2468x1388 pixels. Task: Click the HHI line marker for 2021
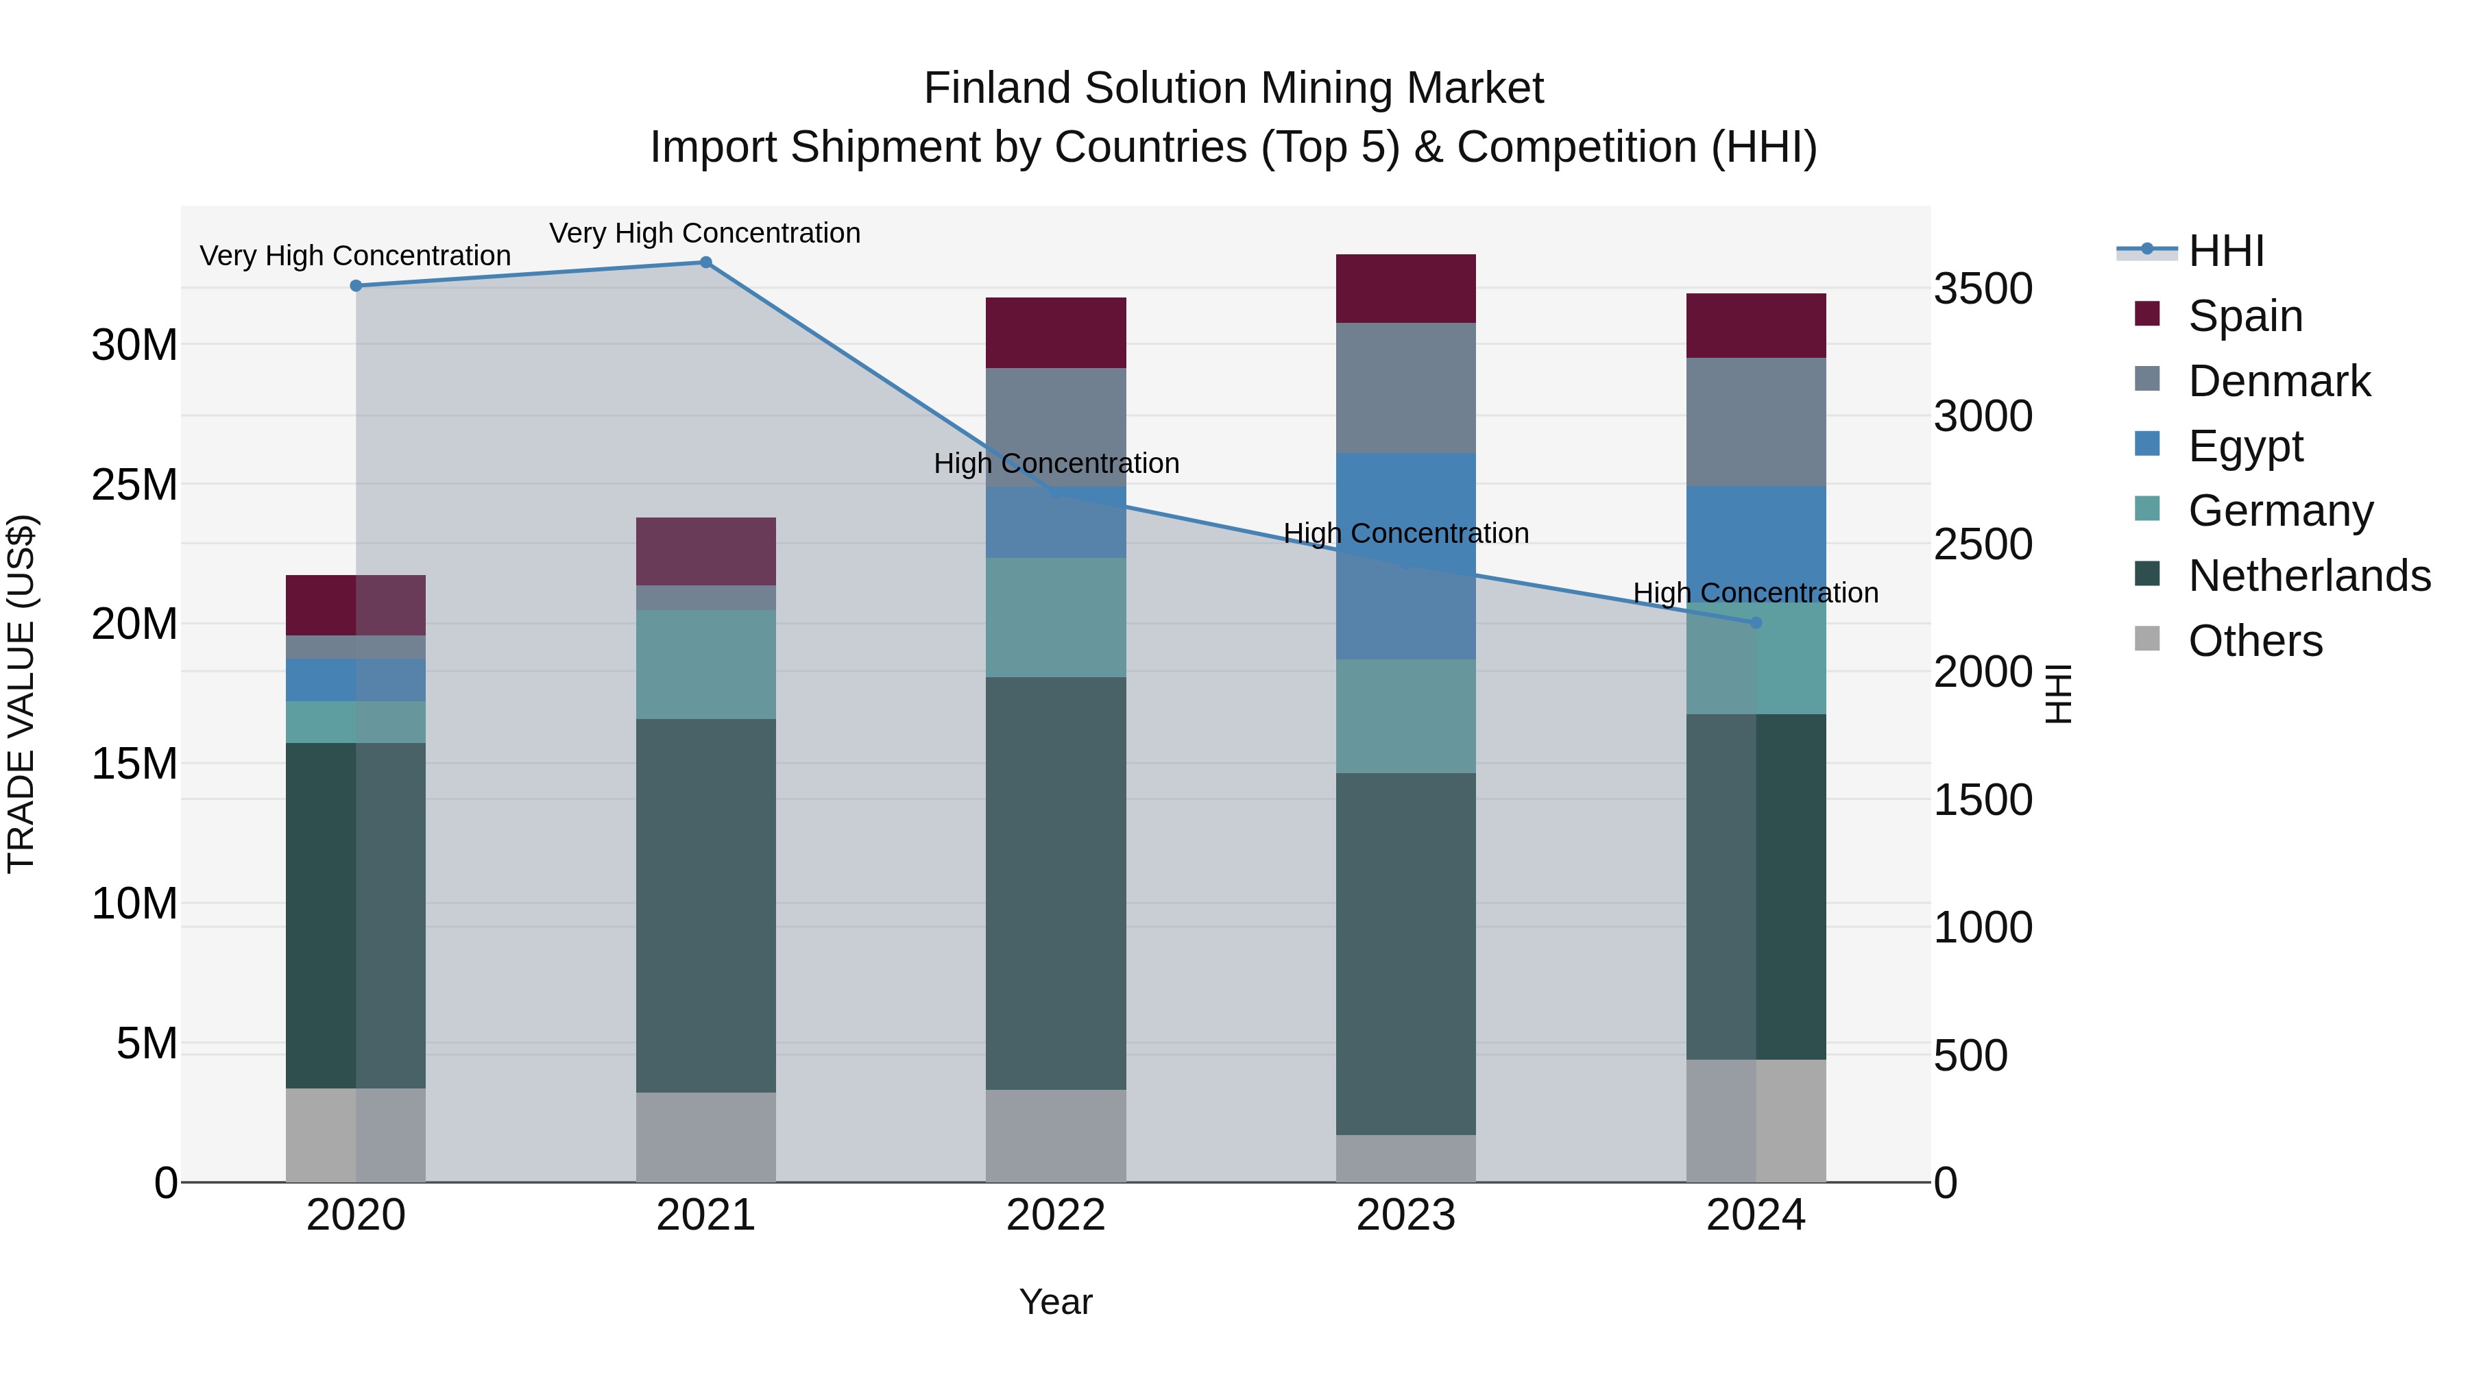pyautogui.click(x=705, y=263)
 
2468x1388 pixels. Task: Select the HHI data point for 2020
pyautogui.click(x=355, y=285)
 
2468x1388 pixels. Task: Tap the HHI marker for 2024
pyautogui.click(x=1755, y=622)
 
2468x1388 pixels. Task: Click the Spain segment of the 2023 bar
pyautogui.click(x=1405, y=289)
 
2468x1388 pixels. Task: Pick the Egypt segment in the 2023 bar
pyautogui.click(x=1405, y=556)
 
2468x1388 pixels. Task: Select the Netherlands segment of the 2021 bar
pyautogui.click(x=705, y=905)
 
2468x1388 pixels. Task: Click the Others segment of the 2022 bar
pyautogui.click(x=1056, y=1135)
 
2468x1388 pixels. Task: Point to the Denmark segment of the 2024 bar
pyautogui.click(x=1755, y=422)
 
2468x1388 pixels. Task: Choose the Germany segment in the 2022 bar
pyautogui.click(x=1056, y=618)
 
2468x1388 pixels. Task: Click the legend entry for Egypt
pyautogui.click(x=2245, y=446)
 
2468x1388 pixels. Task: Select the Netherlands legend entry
pyautogui.click(x=2309, y=576)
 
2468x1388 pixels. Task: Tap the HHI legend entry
pyautogui.click(x=2225, y=251)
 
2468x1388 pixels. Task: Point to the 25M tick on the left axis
pyautogui.click(x=134, y=485)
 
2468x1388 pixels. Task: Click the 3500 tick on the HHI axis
pyautogui.click(x=1982, y=289)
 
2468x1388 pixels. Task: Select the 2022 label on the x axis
pyautogui.click(x=1056, y=1215)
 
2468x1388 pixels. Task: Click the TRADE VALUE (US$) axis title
pyautogui.click(x=21, y=694)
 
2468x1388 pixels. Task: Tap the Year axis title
pyautogui.click(x=1056, y=1302)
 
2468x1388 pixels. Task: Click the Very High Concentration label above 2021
pyautogui.click(x=705, y=233)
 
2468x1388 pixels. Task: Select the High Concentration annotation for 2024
pyautogui.click(x=1755, y=593)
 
